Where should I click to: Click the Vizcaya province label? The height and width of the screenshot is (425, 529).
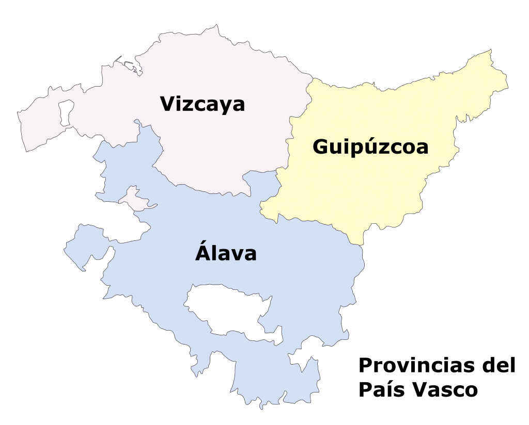click(x=203, y=104)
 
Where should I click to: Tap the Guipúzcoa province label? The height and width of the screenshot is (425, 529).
click(x=370, y=148)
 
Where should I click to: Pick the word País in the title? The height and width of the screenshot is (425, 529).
click(x=381, y=390)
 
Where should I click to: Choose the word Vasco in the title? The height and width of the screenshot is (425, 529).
click(x=444, y=390)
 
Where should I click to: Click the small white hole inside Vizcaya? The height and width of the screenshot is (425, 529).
click(x=66, y=112)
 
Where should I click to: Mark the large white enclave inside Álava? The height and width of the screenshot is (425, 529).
click(x=227, y=309)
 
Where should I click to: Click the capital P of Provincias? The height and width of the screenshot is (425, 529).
click(x=365, y=366)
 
